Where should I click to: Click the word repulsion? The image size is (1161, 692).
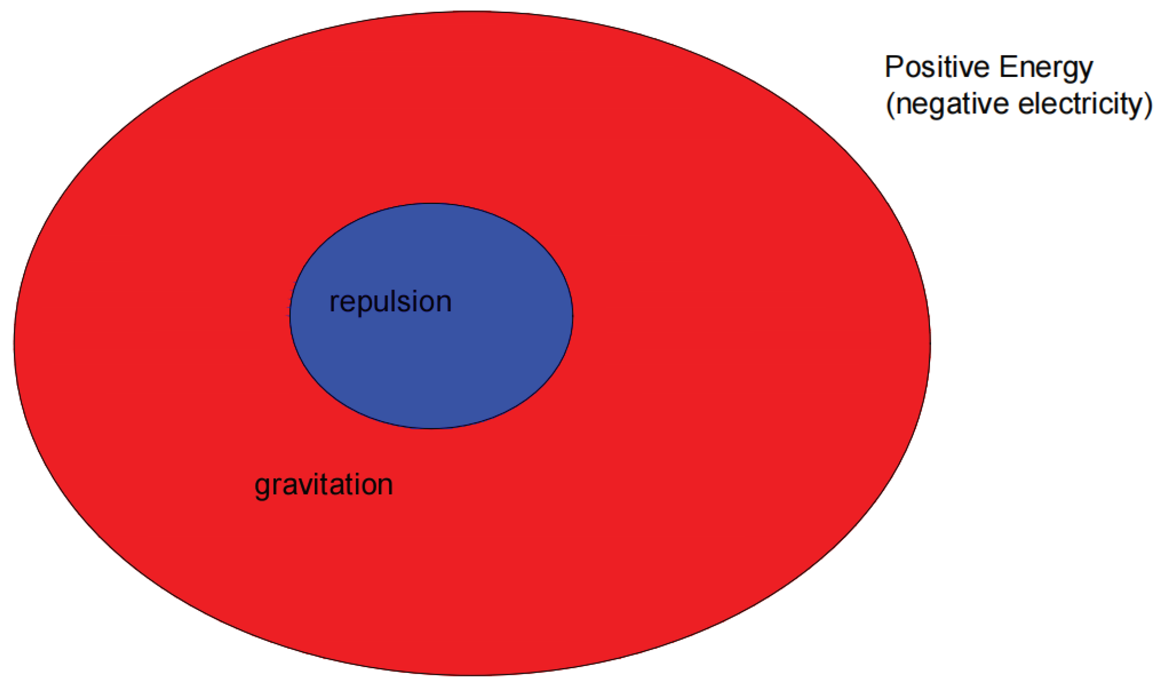point(390,302)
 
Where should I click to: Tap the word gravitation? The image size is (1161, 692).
point(324,485)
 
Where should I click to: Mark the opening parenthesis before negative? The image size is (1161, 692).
point(890,104)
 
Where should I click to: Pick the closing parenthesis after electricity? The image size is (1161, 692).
point(1148,104)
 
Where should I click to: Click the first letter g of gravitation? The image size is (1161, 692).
point(263,488)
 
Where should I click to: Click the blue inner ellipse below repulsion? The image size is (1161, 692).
point(431,373)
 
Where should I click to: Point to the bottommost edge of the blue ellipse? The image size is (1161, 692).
point(431,428)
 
